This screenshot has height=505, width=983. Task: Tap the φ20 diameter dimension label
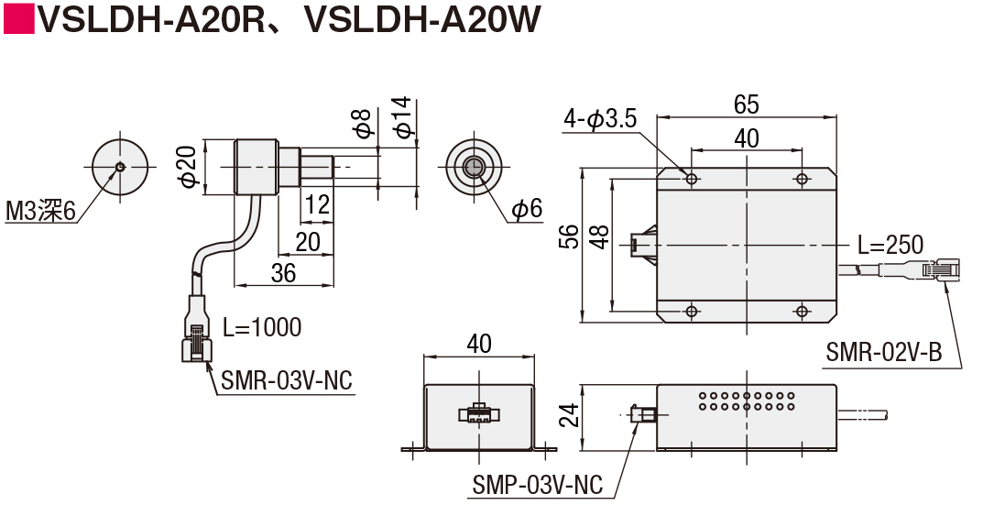click(189, 167)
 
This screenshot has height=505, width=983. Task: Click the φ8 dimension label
click(364, 123)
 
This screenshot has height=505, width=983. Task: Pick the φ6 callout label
click(526, 209)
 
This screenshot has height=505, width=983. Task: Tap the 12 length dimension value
click(317, 204)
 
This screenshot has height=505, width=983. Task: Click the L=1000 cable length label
click(261, 327)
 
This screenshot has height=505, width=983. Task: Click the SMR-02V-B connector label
click(882, 353)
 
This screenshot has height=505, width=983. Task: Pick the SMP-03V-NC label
click(538, 485)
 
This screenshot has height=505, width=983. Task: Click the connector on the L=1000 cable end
click(197, 339)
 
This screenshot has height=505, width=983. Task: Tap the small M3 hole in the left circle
click(120, 167)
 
